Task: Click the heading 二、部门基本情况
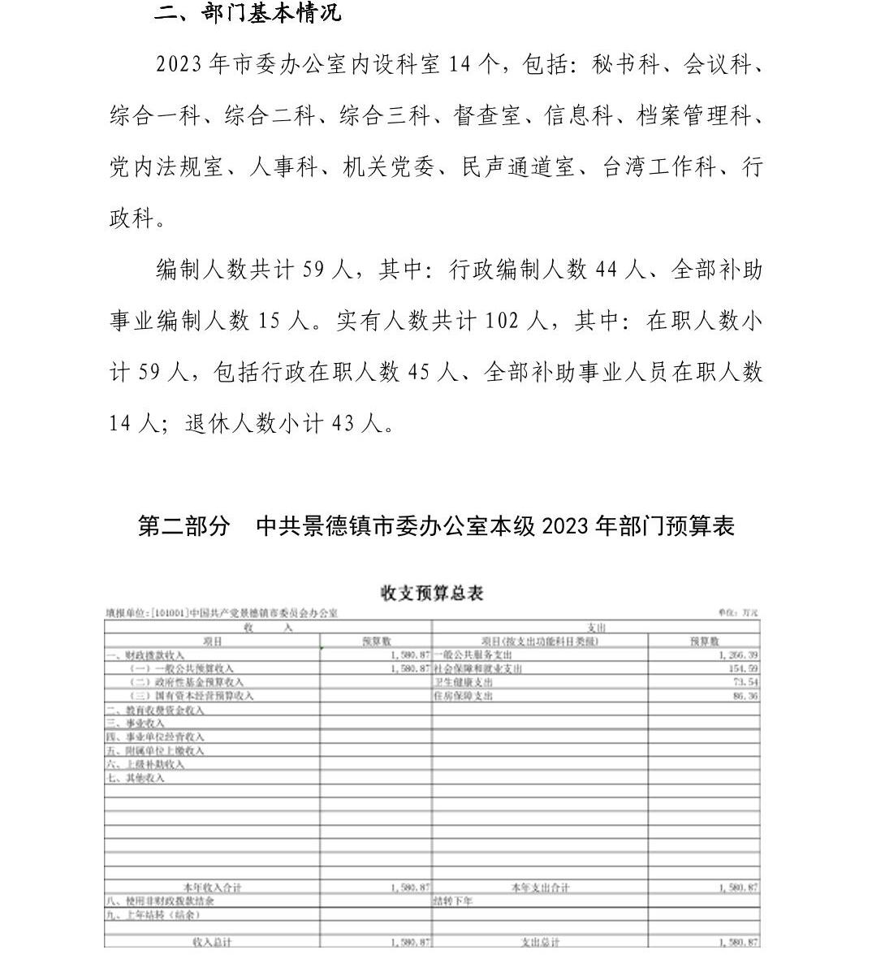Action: point(248,14)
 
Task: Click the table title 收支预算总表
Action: point(432,593)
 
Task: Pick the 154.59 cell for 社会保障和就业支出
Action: point(744,668)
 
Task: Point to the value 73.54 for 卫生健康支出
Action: point(746,682)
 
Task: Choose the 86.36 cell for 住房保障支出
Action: point(746,696)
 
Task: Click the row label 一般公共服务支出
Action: point(473,654)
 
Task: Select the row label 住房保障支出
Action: point(464,696)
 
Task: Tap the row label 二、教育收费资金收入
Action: point(155,710)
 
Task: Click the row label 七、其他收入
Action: point(136,778)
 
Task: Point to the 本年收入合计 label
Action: point(213,888)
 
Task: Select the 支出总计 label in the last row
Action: point(540,942)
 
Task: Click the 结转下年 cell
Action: point(453,901)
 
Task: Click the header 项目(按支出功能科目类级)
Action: point(540,641)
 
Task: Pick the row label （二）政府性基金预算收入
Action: point(188,682)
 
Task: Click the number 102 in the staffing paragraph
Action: point(503,321)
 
